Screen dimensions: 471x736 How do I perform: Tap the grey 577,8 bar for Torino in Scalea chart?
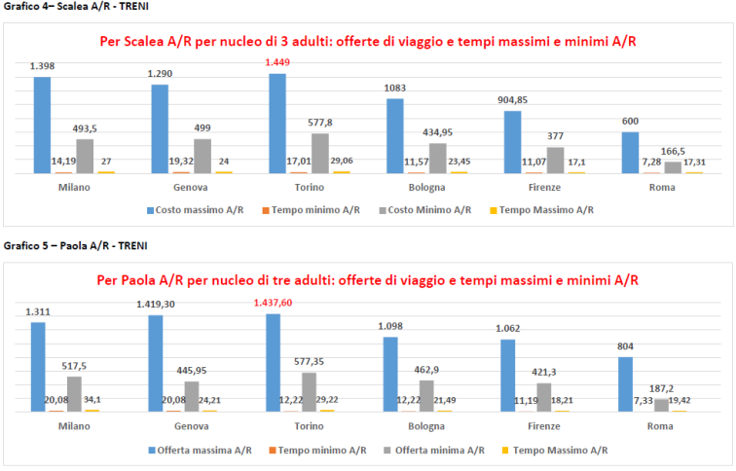pyautogui.click(x=319, y=153)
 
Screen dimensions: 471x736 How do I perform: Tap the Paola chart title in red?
pyautogui.click(x=368, y=280)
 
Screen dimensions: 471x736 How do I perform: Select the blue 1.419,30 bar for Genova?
pyautogui.click(x=156, y=363)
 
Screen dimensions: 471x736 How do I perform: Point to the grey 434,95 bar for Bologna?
pyautogui.click(x=437, y=158)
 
